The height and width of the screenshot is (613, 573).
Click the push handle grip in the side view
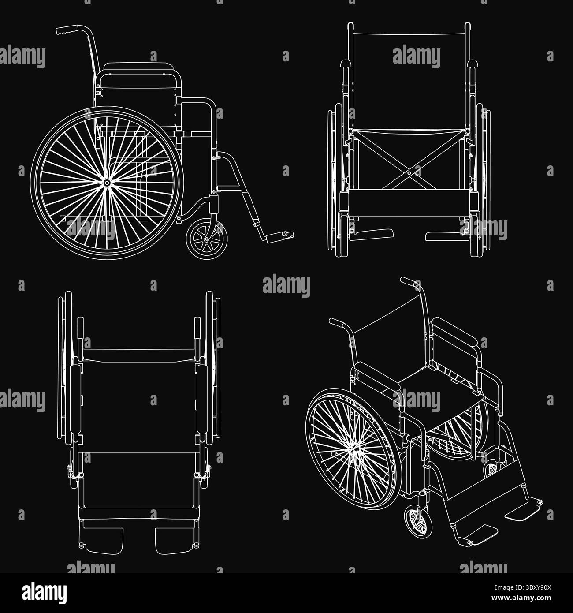[x=67, y=30]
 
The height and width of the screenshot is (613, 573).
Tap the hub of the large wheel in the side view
[x=107, y=183]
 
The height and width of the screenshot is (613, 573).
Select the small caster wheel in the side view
[x=207, y=239]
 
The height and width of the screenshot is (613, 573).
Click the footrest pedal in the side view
[x=279, y=237]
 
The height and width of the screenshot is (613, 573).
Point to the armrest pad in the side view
[x=139, y=66]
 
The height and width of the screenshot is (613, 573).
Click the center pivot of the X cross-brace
[x=409, y=173]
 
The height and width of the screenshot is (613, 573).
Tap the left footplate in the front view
[x=373, y=234]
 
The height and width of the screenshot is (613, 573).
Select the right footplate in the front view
[x=446, y=236]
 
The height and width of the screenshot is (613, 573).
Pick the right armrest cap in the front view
[x=472, y=64]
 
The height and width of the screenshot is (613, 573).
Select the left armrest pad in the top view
[x=76, y=399]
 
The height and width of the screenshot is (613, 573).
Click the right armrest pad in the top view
[x=203, y=399]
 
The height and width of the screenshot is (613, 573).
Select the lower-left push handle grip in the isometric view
[x=338, y=323]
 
